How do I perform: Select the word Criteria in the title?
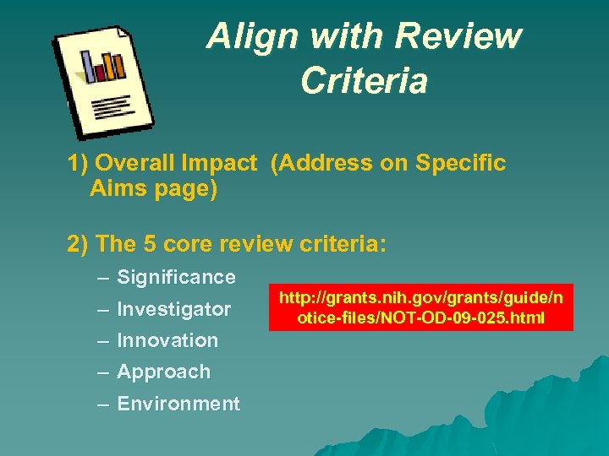point(364,81)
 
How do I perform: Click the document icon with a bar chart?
point(104,83)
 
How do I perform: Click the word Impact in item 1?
point(222,163)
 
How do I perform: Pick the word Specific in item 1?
point(461,163)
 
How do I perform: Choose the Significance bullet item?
point(176,277)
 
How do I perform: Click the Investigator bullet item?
point(173,309)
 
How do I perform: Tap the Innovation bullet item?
point(167,340)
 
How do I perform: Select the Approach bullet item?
point(163,372)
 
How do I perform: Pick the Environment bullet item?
point(178,404)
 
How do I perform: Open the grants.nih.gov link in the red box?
point(420,307)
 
